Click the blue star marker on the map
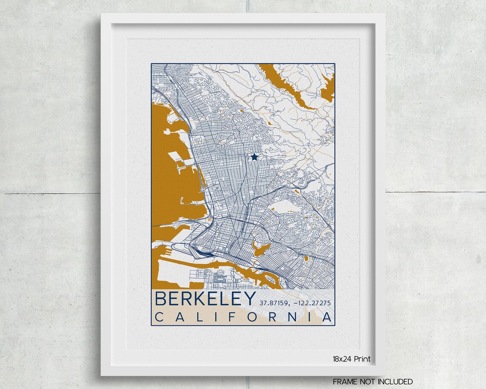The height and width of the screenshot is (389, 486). (255, 157)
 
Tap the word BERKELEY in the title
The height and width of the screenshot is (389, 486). (205, 299)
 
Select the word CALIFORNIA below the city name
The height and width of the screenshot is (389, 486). (243, 317)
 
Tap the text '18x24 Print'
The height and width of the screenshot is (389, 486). (352, 359)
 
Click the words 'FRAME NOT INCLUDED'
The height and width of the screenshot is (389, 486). (373, 381)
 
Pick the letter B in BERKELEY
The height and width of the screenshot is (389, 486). (161, 299)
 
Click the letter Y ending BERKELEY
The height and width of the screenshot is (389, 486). (249, 299)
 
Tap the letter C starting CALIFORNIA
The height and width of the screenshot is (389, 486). (159, 317)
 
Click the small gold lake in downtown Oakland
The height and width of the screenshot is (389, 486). (257, 247)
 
